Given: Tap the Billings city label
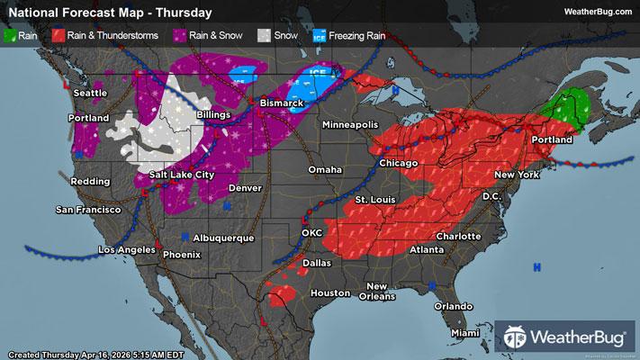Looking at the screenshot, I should click(x=212, y=116).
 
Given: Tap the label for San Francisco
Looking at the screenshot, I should click(x=88, y=209).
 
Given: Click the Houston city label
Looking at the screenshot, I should click(x=329, y=293).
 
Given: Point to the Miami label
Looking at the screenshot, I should click(x=465, y=333).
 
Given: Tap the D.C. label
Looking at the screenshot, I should click(x=491, y=195).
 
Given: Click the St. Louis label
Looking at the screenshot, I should click(x=374, y=198).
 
